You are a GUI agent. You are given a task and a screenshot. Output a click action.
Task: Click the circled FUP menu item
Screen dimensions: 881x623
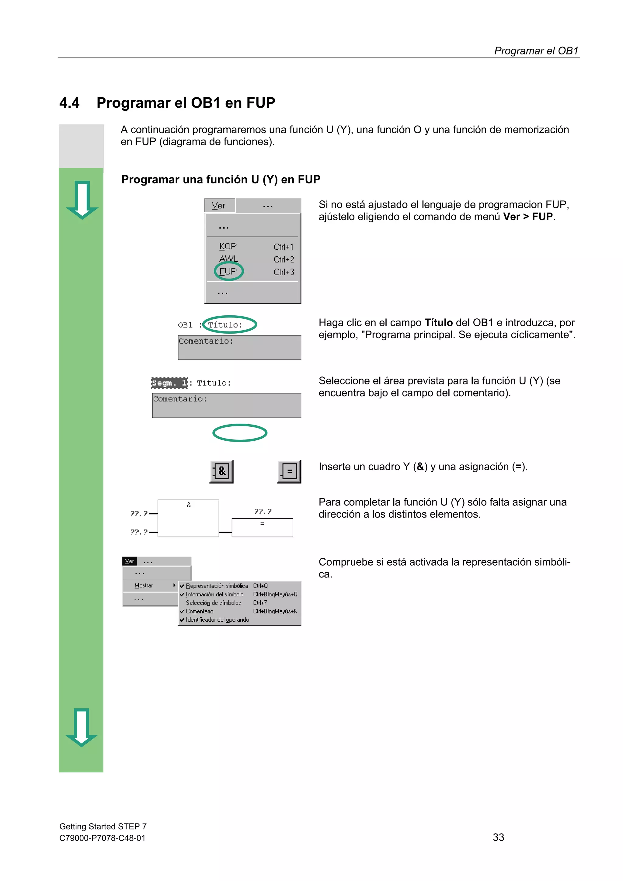228,271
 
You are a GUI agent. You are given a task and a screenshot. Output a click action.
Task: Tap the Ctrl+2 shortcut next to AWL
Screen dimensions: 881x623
284,259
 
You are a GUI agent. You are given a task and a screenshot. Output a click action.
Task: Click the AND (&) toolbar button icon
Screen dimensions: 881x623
222,471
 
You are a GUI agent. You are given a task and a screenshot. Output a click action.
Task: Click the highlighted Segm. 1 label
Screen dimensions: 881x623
169,383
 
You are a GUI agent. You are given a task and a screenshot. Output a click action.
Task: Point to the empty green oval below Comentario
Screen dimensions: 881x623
240,433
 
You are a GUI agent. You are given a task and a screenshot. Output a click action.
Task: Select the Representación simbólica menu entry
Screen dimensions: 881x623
217,586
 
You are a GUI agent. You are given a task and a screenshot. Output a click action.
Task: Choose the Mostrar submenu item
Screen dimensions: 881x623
144,585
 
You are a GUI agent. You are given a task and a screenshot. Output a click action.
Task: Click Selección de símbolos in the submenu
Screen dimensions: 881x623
214,603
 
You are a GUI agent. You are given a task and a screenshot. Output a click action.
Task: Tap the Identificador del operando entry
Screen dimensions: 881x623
217,620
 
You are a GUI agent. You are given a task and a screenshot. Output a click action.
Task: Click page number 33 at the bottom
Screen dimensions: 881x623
498,837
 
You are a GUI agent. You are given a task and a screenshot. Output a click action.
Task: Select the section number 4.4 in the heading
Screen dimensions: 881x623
69,103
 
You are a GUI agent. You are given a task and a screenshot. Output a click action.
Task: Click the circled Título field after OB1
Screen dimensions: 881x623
229,324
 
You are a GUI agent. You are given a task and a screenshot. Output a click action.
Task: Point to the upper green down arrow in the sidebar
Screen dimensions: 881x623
82,199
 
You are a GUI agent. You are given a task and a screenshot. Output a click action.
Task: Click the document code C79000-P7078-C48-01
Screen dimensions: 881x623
103,838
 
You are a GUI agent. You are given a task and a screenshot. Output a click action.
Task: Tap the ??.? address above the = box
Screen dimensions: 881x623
263,511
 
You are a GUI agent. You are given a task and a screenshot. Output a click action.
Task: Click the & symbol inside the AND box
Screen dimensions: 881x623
189,505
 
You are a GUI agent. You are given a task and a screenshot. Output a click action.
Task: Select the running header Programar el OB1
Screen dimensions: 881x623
536,51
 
